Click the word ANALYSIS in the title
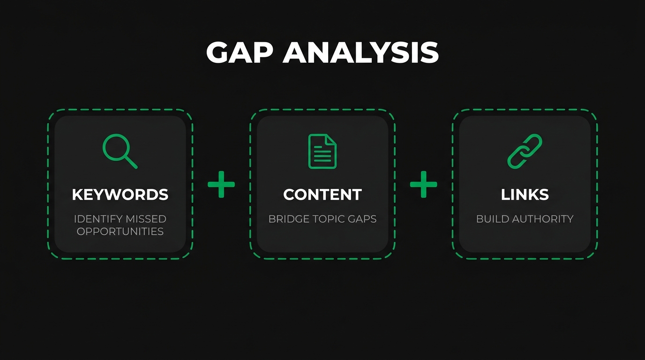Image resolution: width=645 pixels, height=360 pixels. pos(360,52)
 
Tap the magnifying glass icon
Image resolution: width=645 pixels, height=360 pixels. pos(119,150)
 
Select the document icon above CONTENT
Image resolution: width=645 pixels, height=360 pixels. pos(322,151)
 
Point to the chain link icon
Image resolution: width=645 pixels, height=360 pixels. pos(525,151)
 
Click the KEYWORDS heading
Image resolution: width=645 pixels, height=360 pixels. pos(120,195)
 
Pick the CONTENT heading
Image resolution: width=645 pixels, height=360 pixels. pos(322,195)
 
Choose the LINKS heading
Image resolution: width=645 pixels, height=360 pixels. pos(525,195)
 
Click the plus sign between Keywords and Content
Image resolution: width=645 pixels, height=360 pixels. pos(221,184)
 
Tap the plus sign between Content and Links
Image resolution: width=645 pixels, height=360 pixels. pos(423,184)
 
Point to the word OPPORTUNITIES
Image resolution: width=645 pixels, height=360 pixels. pos(120,231)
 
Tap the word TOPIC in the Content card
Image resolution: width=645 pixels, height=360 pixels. pos(326,219)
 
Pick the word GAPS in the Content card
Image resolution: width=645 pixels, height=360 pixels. pos(361,219)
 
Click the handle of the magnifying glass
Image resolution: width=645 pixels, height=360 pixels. pos(131,162)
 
